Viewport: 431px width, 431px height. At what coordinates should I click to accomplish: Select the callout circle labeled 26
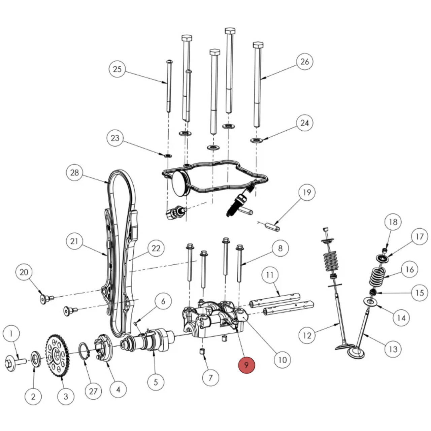tap(304, 62)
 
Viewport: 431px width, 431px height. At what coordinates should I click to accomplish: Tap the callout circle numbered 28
tap(74, 172)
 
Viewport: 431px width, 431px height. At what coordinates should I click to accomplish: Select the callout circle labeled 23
tap(115, 138)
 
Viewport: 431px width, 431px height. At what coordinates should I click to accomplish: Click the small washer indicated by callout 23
tap(167, 156)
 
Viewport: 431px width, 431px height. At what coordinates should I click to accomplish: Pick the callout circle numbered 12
tap(307, 335)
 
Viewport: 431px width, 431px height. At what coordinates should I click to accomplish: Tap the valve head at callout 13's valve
tap(356, 353)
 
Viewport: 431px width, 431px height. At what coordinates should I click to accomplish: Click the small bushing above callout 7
tap(203, 352)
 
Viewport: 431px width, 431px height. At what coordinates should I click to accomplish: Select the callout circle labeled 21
tap(74, 241)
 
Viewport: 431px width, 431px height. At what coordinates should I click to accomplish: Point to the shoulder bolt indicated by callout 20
tap(45, 299)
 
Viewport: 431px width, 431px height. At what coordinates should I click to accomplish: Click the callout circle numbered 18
tap(393, 222)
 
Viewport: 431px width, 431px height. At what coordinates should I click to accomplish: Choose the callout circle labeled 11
tap(270, 275)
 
